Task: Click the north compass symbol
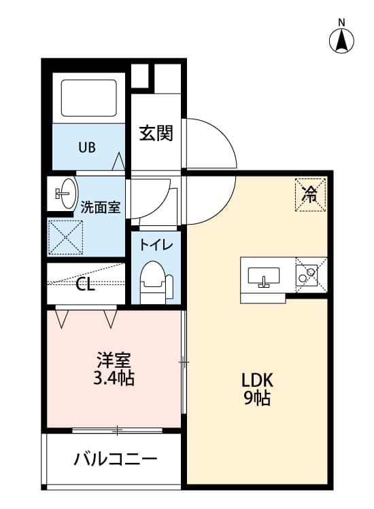coord(342,40)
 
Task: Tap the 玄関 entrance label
coord(156,132)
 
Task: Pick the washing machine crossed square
coord(65,237)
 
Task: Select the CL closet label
coord(85,284)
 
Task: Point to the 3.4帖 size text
coord(114,378)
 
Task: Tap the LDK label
coord(257,379)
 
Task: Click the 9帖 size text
coord(257,398)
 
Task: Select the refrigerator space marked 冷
coord(310,195)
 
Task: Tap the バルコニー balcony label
coord(115,459)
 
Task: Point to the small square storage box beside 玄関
coord(140,76)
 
